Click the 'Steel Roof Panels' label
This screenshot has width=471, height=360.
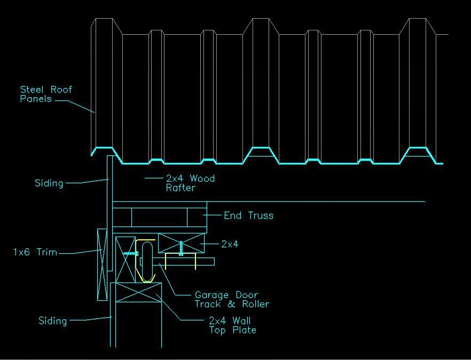(46, 94)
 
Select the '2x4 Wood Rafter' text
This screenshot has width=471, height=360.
(190, 183)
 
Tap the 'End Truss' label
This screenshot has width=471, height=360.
(248, 216)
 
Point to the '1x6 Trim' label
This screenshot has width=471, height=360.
(35, 252)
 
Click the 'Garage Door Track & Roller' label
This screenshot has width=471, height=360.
(231, 299)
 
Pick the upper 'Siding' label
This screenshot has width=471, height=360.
(49, 183)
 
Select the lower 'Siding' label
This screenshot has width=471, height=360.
(53, 321)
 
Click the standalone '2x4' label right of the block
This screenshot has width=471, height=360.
(230, 244)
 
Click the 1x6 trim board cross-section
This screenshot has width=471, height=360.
(101, 264)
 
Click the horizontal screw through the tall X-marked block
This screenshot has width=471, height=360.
(129, 253)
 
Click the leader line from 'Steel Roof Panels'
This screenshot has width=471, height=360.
(80, 105)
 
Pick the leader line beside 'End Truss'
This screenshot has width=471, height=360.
(214, 216)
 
